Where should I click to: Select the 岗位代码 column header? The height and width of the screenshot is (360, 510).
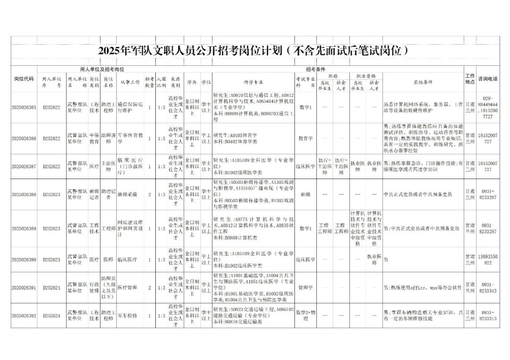(24, 79)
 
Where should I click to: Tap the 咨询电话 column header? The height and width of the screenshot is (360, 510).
(487, 79)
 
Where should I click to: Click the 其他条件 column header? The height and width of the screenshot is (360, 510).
(423, 82)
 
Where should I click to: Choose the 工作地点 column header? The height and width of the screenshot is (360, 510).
(470, 79)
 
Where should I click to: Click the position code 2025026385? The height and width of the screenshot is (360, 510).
(24, 107)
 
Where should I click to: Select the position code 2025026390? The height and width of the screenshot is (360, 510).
(24, 260)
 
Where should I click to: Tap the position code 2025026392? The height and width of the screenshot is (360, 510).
(24, 315)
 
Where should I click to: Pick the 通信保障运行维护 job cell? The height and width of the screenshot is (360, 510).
(129, 107)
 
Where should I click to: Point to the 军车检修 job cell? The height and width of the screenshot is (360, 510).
(127, 315)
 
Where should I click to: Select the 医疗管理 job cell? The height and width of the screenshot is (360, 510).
(127, 287)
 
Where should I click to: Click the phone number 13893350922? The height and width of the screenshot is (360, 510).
(487, 260)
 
